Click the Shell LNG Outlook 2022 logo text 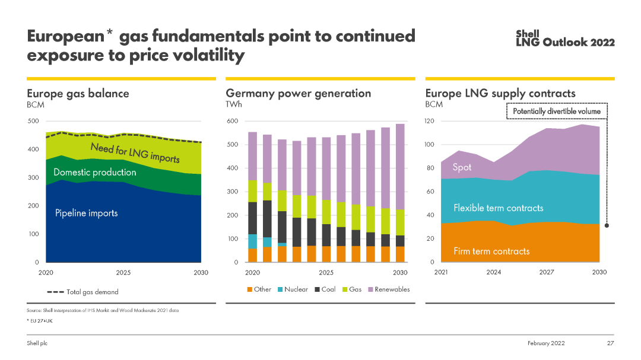tap(565, 39)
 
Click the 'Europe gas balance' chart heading tap(78, 93)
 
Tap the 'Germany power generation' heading tap(298, 93)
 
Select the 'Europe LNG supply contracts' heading tap(500, 93)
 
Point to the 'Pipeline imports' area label tap(87, 213)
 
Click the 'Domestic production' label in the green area tap(94, 173)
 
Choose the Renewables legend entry tap(388, 289)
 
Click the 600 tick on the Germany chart tap(232, 122)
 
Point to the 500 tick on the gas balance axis tap(33, 122)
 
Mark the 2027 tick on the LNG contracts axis tap(546, 272)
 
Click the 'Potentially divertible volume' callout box tap(556, 111)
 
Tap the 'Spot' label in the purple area tap(462, 168)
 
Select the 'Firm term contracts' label tap(491, 251)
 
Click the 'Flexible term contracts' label tap(498, 208)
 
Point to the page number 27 tap(610, 343)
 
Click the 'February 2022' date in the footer tap(546, 343)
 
